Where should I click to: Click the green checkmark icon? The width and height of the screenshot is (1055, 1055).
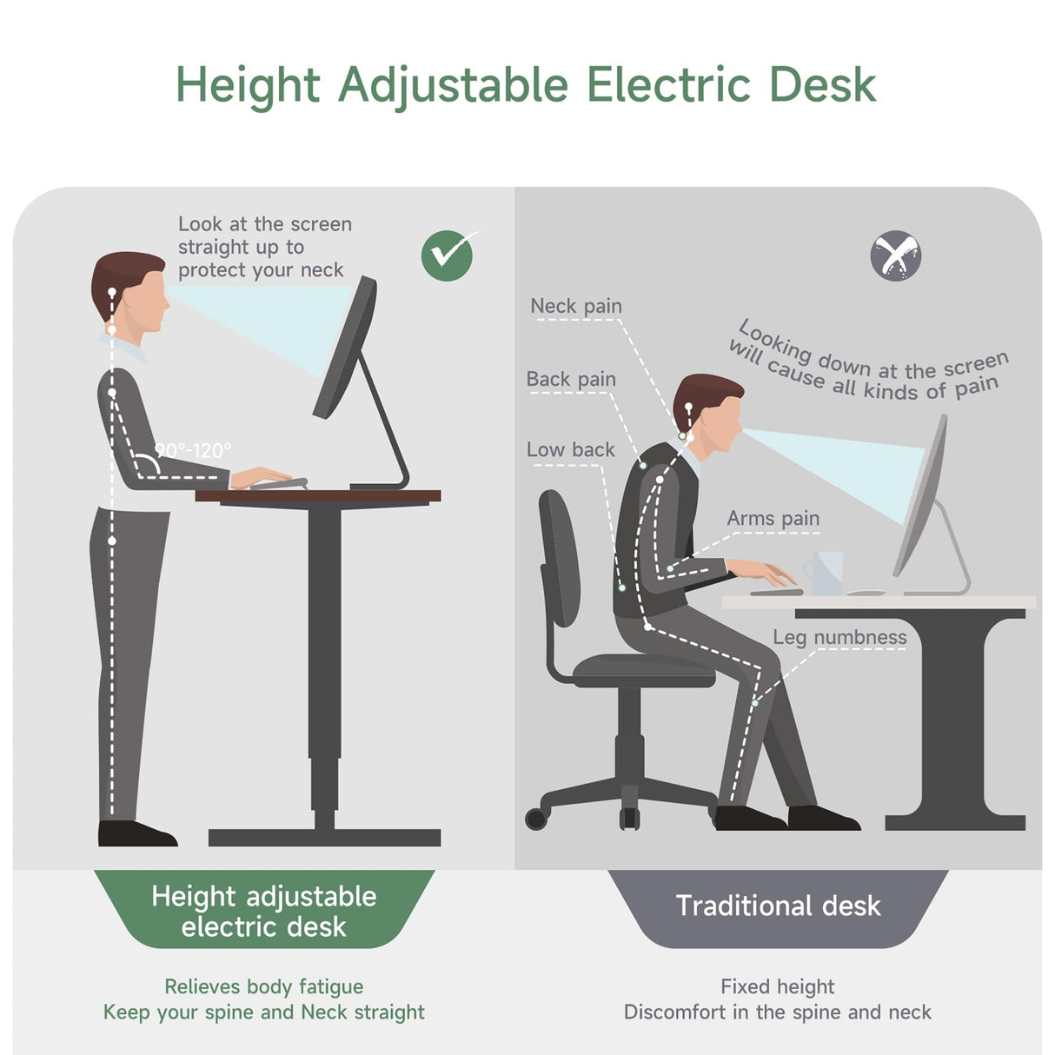pyautogui.click(x=447, y=255)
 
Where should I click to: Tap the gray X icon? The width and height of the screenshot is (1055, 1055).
pyautogui.click(x=895, y=255)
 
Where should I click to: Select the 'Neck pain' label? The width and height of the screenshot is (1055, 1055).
pyautogui.click(x=576, y=306)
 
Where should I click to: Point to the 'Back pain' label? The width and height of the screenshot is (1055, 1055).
pyautogui.click(x=571, y=379)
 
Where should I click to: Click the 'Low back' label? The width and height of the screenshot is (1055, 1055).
pyautogui.click(x=570, y=449)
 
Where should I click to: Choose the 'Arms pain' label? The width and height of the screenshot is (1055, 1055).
pyautogui.click(x=773, y=518)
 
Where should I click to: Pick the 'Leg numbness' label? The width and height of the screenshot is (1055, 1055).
pyautogui.click(x=839, y=637)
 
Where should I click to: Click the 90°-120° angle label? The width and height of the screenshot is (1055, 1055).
pyautogui.click(x=194, y=450)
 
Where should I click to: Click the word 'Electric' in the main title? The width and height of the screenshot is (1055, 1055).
pyautogui.click(x=668, y=84)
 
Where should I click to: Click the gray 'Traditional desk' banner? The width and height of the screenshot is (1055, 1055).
pyautogui.click(x=778, y=906)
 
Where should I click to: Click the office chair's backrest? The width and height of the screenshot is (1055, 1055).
pyautogui.click(x=558, y=556)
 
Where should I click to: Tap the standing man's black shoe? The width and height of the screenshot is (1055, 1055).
pyautogui.click(x=136, y=833)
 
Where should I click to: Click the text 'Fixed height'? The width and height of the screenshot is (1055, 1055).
pyautogui.click(x=777, y=986)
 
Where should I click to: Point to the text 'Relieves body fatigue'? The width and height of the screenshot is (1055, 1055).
pyautogui.click(x=264, y=986)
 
